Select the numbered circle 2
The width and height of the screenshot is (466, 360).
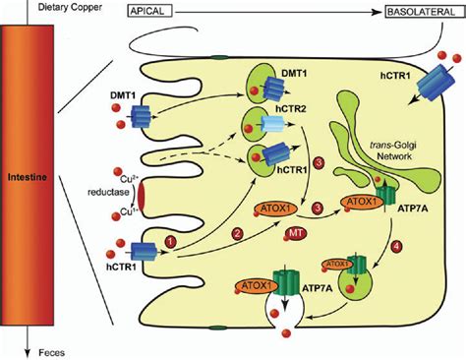click(238, 232)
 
